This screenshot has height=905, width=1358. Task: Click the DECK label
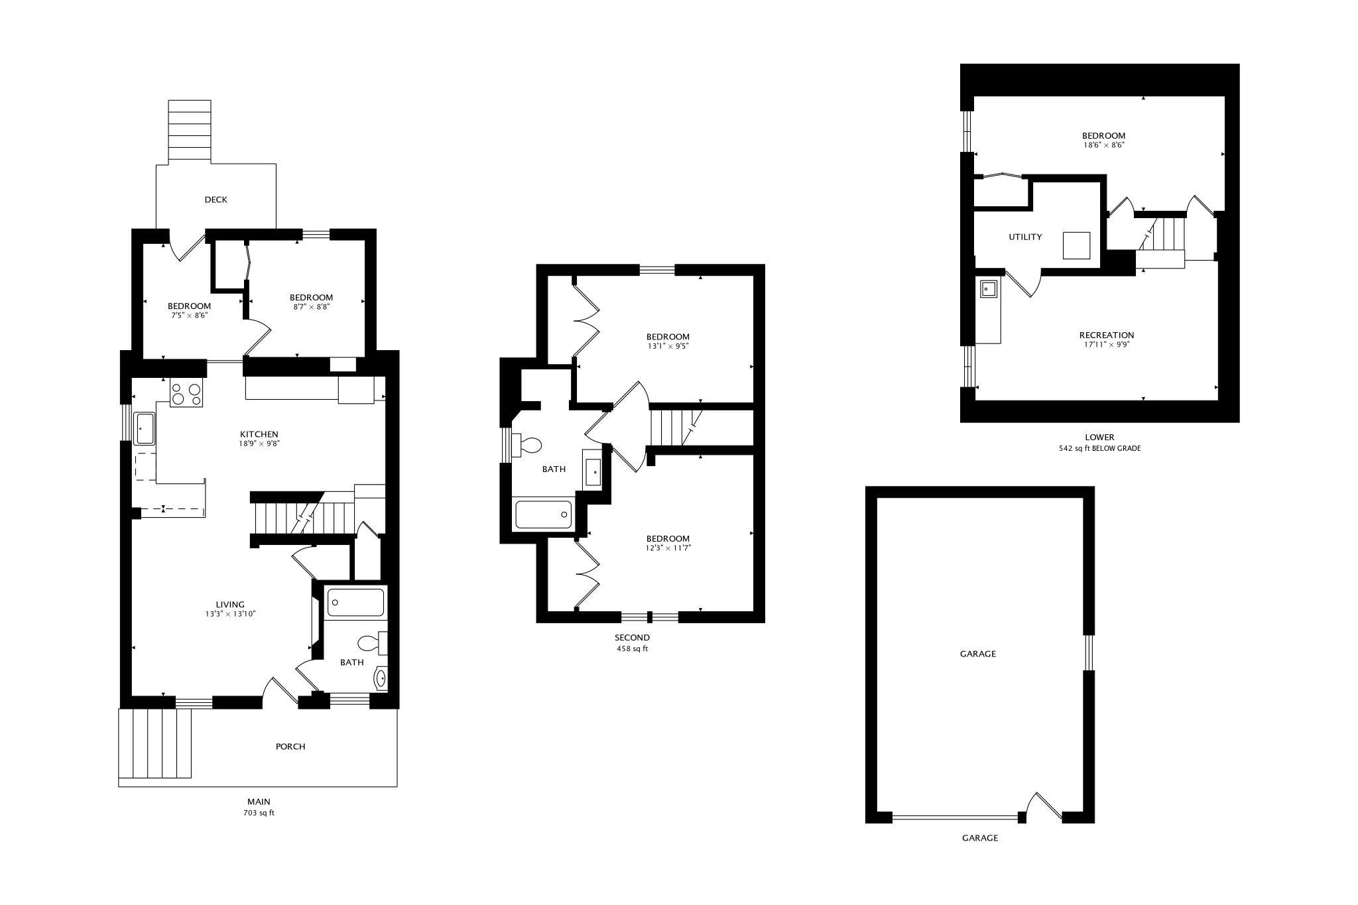point(216,200)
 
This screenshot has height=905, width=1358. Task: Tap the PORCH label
point(290,747)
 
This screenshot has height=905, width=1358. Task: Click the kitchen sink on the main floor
point(145,428)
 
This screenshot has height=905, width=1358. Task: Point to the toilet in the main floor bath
point(372,642)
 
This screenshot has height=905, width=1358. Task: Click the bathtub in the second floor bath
point(543,514)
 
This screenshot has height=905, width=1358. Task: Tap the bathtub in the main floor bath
point(355,603)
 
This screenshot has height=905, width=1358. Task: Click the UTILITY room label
point(1025,237)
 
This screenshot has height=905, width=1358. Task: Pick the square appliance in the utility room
point(1076,245)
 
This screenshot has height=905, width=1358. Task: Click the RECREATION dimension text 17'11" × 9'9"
point(1106,345)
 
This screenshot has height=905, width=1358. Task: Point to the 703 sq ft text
point(259,813)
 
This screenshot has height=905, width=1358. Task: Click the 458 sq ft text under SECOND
point(632,648)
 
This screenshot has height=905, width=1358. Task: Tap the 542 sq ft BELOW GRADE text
point(1099,448)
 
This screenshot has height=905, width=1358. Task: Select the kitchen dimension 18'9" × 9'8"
point(259,444)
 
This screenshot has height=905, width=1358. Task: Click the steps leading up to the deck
point(190,131)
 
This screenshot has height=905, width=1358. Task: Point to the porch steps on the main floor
point(155,743)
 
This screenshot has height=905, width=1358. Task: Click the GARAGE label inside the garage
point(978,654)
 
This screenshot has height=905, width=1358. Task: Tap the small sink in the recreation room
point(989,289)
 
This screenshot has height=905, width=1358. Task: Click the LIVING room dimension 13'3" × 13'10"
point(230,614)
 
